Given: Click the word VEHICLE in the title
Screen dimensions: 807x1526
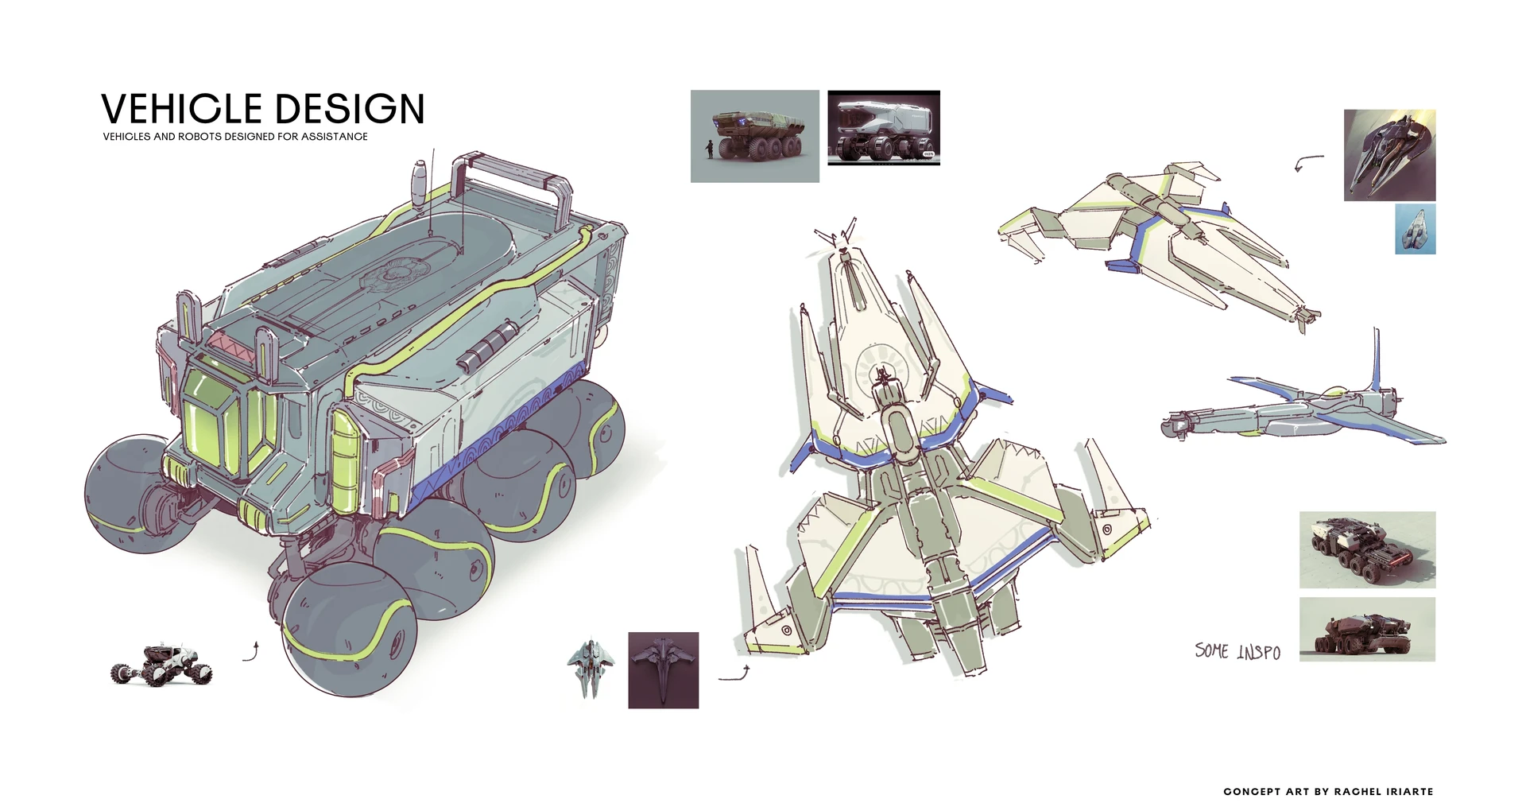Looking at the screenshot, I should click(181, 110).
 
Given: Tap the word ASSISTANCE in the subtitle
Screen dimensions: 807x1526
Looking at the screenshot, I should click(334, 137).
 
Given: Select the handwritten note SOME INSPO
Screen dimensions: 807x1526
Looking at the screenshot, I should click(1237, 652).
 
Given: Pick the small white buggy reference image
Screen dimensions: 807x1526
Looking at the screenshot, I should click(161, 665).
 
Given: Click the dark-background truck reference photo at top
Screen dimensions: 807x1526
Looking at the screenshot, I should click(883, 128).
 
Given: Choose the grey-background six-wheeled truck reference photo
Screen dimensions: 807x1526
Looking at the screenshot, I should click(754, 136).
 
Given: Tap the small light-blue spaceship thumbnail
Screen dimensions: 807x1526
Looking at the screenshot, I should click(1415, 229).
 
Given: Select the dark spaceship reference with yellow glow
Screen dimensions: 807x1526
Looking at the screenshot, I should click(1389, 155).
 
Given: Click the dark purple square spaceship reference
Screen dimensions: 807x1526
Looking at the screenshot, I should click(663, 670).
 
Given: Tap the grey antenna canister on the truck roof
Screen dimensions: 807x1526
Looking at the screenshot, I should click(418, 180).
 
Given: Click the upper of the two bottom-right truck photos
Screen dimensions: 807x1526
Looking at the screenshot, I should click(1367, 549).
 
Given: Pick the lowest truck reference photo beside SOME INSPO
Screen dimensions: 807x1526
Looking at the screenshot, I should click(1367, 629).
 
